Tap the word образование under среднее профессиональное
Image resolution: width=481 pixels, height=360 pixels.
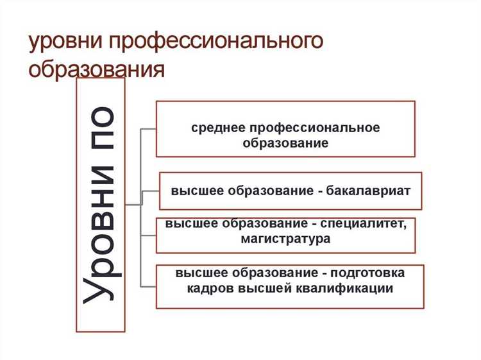(x=285, y=142)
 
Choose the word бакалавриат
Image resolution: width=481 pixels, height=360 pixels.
(x=366, y=191)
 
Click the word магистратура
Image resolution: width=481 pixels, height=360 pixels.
(x=286, y=239)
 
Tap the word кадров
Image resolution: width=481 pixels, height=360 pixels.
(x=210, y=288)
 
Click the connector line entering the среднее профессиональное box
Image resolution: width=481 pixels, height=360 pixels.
(x=149, y=128)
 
